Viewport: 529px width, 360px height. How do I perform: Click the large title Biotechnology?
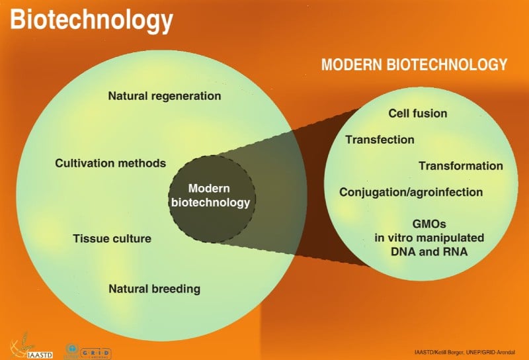click(91, 21)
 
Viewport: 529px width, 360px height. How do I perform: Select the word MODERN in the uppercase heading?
click(351, 65)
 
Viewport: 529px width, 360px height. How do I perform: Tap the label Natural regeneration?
click(164, 96)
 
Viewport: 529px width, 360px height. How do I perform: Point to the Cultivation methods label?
click(110, 163)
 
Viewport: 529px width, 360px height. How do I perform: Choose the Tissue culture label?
click(112, 238)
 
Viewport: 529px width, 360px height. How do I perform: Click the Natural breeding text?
click(154, 289)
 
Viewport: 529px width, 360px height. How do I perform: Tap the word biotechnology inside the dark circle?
click(210, 202)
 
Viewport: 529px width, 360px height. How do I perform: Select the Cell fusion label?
click(417, 113)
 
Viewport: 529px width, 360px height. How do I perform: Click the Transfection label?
click(380, 140)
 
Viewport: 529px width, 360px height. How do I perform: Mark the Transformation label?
click(460, 166)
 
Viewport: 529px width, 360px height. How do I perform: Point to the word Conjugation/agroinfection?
click(411, 193)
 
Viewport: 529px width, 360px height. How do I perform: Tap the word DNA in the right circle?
click(405, 251)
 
